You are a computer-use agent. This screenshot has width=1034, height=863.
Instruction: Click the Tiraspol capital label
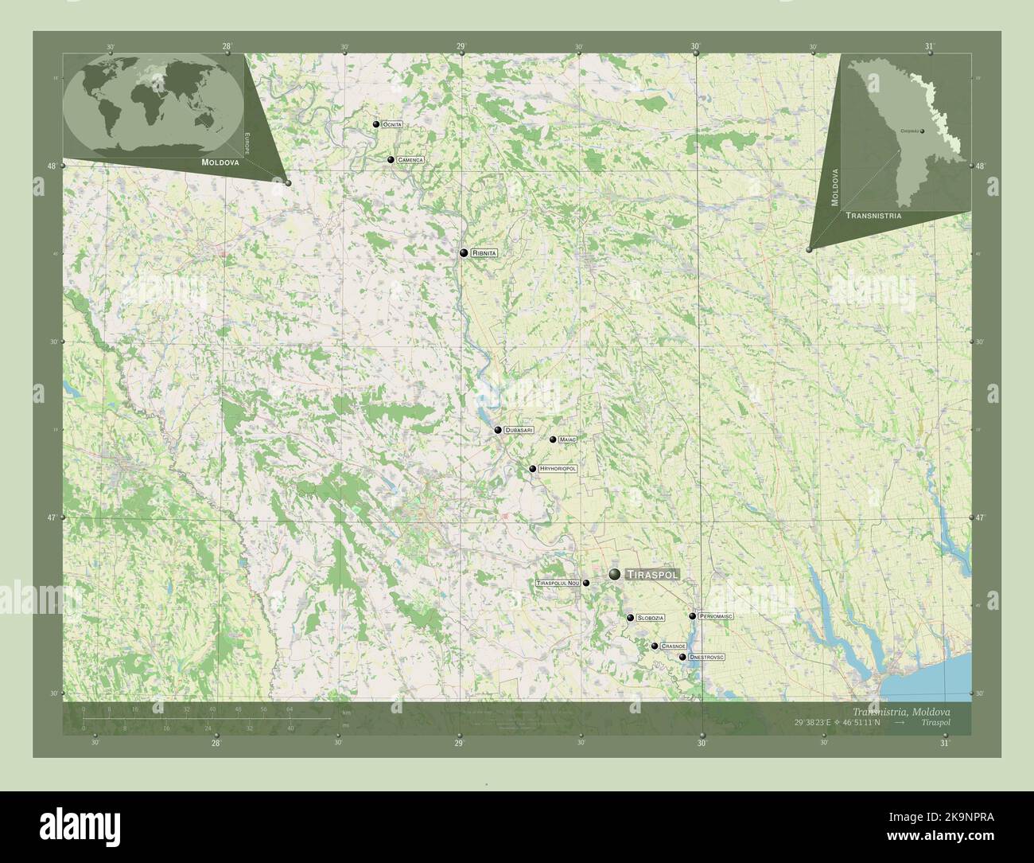pos(652,574)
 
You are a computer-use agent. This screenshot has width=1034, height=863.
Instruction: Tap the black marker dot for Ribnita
pos(463,253)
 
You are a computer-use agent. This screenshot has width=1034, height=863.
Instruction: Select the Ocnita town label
pos(392,125)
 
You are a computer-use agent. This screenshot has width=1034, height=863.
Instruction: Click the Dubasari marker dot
pos(498,430)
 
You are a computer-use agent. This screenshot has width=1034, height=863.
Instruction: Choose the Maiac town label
pos(567,439)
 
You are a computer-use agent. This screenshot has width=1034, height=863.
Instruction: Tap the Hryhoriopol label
pos(558,469)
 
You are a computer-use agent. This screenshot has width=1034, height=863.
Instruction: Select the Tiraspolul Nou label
pos(558,583)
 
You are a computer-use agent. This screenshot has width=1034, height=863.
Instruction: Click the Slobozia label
pos(650,618)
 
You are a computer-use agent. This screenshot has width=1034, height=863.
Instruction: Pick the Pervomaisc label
pos(716,616)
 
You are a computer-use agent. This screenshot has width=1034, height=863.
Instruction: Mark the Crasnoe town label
pos(673,646)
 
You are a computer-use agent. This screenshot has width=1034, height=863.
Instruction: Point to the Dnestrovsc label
pos(707,657)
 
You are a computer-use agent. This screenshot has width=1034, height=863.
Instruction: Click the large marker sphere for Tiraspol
pos(615,574)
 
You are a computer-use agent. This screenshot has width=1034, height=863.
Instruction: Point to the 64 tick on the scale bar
pos(289,709)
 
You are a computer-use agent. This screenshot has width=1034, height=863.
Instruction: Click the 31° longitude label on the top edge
pos(929,46)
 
